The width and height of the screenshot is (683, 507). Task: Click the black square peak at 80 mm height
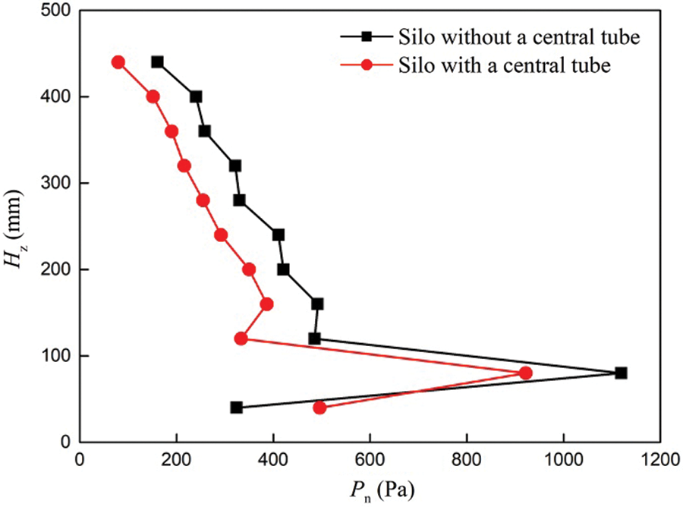click(621, 373)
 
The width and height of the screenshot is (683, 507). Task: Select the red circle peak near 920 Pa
click(525, 373)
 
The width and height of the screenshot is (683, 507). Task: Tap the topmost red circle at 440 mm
click(118, 62)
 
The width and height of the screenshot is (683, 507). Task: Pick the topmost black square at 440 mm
click(157, 62)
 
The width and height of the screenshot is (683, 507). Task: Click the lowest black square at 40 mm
click(236, 408)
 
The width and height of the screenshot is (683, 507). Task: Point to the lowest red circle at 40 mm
click(319, 408)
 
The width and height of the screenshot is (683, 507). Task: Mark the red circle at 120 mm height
click(241, 339)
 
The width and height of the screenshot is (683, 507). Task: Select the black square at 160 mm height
click(317, 304)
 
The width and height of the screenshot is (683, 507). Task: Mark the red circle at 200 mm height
click(249, 269)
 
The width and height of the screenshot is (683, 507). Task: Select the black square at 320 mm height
click(235, 165)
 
